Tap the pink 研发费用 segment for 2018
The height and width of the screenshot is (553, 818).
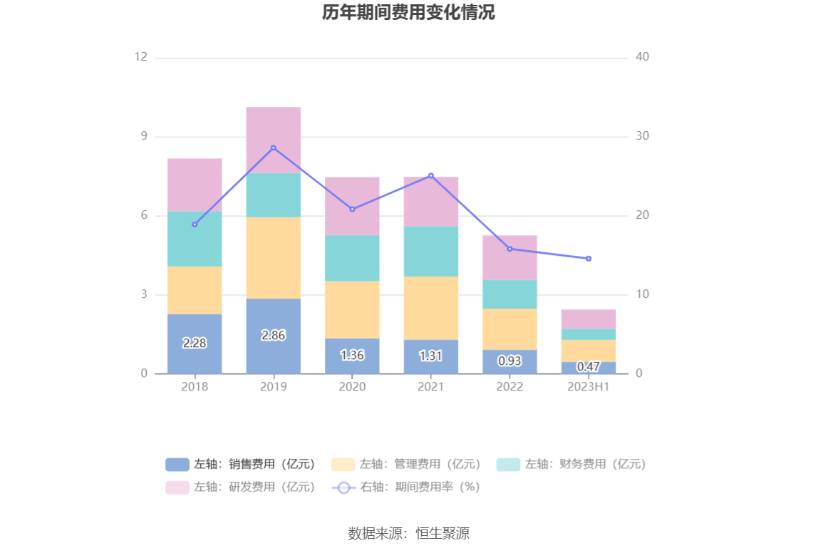point(195,185)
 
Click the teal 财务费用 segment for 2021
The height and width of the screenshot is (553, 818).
point(430,251)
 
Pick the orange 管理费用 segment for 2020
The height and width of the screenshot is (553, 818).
point(352,309)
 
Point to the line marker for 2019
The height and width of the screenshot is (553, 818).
point(273,148)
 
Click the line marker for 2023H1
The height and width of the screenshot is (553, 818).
point(589,259)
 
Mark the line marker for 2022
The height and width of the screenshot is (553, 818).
point(509,249)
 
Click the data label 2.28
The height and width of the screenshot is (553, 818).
point(195,343)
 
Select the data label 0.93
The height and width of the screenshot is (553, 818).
point(509,361)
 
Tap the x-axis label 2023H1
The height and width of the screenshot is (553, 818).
point(589,387)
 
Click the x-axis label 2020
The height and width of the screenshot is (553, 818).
point(352,387)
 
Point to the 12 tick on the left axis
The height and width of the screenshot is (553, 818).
point(141,57)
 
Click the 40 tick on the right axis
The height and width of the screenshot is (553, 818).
point(642,57)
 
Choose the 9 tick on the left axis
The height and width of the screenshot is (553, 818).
point(143,136)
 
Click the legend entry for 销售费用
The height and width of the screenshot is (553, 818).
point(241,465)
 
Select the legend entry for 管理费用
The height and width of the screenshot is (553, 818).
point(406,465)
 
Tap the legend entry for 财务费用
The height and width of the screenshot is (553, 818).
point(571,465)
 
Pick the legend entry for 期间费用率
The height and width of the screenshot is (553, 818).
point(406,487)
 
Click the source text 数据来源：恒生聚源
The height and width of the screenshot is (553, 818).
point(408,533)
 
